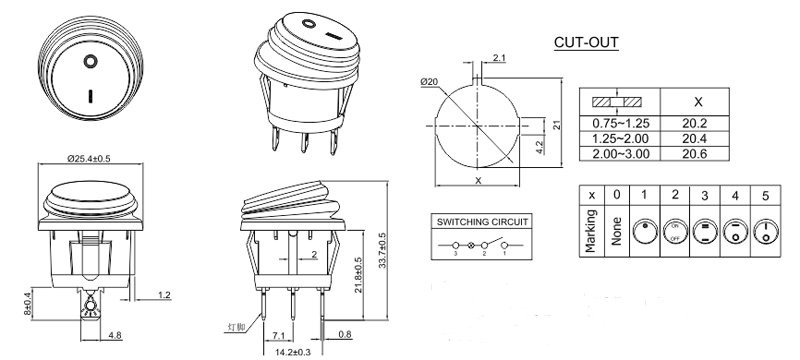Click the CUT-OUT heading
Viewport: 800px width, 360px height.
click(x=585, y=43)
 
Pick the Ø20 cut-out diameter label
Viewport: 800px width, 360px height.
click(x=426, y=81)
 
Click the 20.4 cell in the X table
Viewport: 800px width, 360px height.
click(x=696, y=139)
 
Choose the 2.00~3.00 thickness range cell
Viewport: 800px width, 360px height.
click(x=622, y=153)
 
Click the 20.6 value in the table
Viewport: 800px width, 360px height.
click(x=696, y=153)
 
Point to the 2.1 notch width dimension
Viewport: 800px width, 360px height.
click(x=499, y=58)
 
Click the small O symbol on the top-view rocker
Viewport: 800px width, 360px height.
click(x=91, y=62)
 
